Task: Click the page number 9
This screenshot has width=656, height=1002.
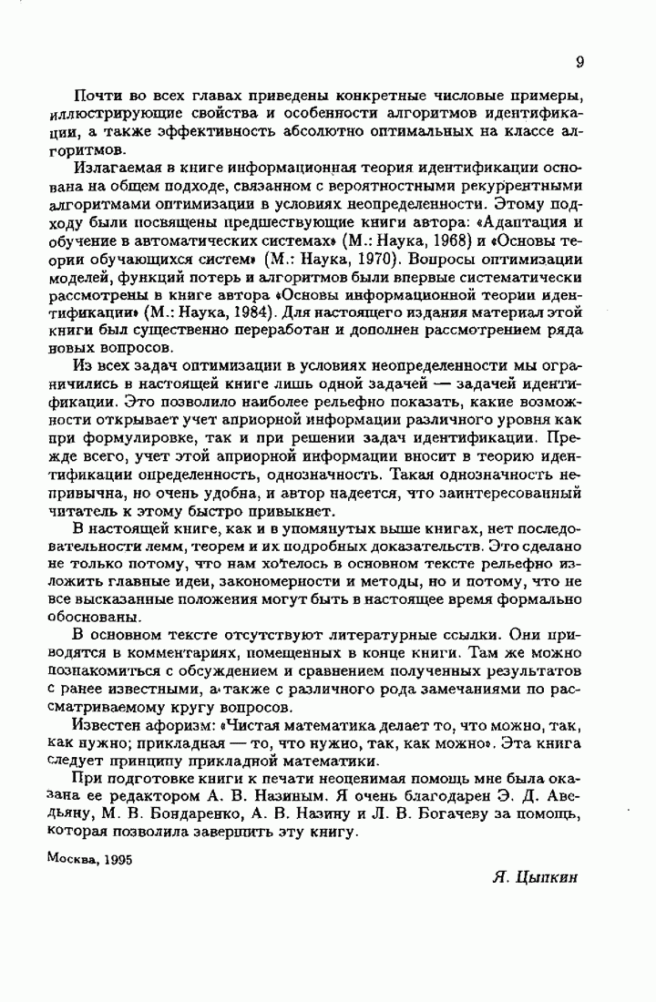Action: coord(579,62)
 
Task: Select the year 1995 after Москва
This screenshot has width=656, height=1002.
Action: coord(117,859)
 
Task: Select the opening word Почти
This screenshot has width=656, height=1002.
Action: coord(94,97)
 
